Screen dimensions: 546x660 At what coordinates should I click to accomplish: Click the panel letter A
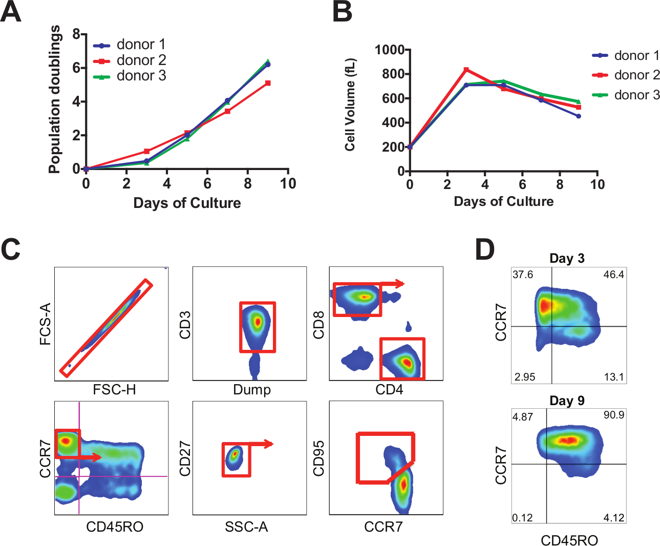click(11, 12)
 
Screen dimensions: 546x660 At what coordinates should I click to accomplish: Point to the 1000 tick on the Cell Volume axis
click(390, 50)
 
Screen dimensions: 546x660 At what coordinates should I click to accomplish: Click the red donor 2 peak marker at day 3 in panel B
click(466, 70)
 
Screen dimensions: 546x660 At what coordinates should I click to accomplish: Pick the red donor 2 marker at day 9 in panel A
click(268, 83)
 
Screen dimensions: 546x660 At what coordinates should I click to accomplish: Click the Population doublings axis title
click(54, 99)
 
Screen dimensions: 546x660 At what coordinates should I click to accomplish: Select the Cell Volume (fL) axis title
click(350, 105)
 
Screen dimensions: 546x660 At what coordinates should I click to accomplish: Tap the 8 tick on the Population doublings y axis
click(76, 34)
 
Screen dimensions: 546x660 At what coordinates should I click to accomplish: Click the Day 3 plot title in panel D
click(567, 258)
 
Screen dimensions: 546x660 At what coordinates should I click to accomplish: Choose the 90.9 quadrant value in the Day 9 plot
click(613, 415)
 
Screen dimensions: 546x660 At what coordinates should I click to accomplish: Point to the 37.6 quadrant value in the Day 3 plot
click(523, 275)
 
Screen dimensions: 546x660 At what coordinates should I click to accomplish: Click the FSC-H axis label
click(114, 390)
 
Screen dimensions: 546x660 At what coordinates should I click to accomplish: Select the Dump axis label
click(251, 390)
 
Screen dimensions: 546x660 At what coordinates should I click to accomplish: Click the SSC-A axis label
click(246, 527)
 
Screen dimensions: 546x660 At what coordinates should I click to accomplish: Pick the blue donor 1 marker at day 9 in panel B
click(578, 116)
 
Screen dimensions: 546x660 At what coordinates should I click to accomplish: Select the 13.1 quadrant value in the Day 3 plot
click(613, 377)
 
